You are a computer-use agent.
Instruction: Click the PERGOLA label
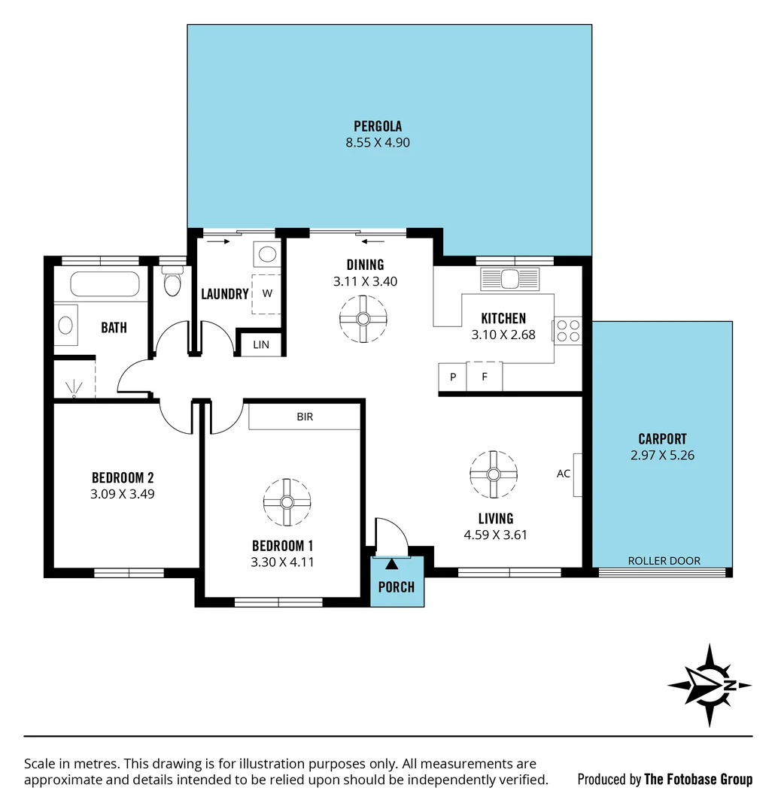point(378,126)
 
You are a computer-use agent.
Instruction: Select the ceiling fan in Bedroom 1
point(287,501)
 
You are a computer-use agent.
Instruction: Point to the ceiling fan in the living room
point(493,474)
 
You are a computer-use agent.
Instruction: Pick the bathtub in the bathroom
point(105,285)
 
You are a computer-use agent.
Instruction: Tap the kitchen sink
point(509,278)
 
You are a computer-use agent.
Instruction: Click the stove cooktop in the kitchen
point(569,332)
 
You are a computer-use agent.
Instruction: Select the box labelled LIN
point(261,344)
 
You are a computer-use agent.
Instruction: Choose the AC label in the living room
point(564,474)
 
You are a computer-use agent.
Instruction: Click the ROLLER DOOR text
point(664,561)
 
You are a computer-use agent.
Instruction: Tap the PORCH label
point(397,586)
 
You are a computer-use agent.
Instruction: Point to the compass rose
point(710,684)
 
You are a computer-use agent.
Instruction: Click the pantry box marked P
point(453,377)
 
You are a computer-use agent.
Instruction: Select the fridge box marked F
point(485,377)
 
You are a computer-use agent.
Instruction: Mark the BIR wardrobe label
point(305,417)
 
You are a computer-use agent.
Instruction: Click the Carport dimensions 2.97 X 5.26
point(662,455)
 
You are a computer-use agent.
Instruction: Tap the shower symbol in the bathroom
point(74,388)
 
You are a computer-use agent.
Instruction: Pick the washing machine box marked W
point(266,293)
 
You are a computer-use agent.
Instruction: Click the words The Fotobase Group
point(698,779)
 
